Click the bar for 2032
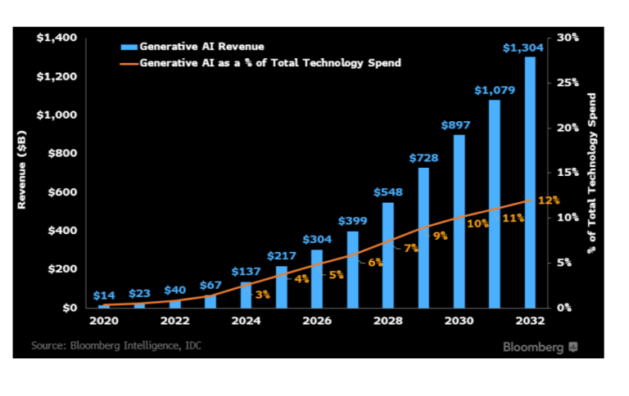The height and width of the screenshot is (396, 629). coord(531,182)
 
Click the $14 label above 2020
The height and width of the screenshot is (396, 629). coord(103,295)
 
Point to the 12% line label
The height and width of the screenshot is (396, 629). coord(549,200)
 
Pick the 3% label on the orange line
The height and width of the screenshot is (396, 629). coord(263,295)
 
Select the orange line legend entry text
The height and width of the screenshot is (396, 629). coord(270,62)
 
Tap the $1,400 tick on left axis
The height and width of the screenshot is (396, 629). coord(57,38)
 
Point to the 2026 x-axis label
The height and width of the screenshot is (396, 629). coord(316,322)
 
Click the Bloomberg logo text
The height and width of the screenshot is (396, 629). coord(533,347)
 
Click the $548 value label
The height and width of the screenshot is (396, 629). coord(388,192)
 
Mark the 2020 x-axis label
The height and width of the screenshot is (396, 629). coord(103,322)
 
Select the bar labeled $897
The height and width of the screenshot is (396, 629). coord(459,221)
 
